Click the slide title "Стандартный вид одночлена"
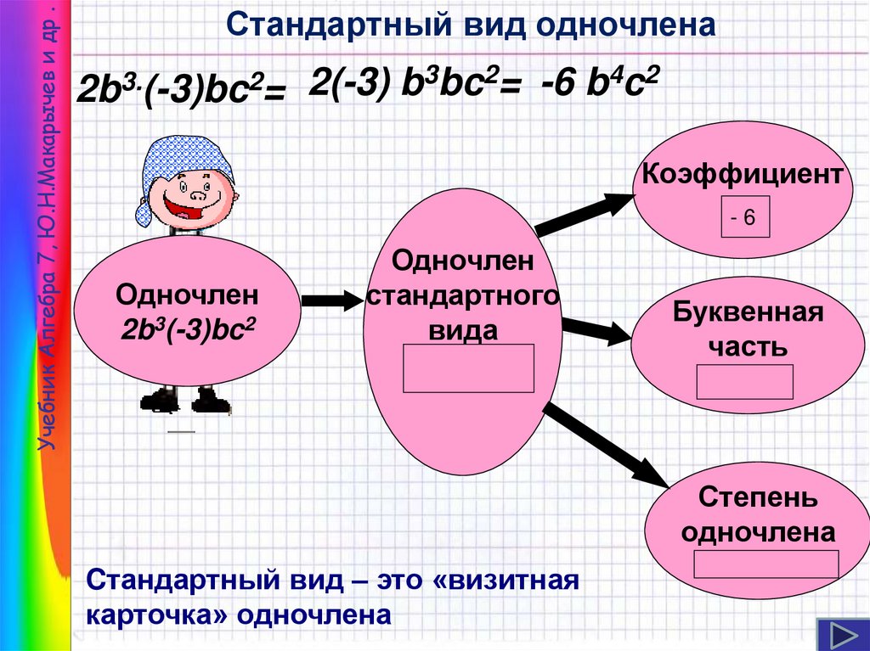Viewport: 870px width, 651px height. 472,25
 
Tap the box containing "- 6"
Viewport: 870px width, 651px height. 745,217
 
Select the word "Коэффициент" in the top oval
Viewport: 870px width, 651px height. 743,176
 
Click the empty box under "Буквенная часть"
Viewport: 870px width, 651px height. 744,382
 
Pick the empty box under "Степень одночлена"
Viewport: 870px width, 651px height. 766,564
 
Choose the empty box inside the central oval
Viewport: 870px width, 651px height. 468,368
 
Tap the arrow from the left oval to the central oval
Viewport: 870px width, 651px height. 331,300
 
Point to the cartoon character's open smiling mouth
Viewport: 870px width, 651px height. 182,207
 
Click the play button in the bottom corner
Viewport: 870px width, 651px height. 841,635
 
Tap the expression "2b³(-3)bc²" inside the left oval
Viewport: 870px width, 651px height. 188,328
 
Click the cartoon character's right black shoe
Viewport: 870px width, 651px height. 210,400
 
